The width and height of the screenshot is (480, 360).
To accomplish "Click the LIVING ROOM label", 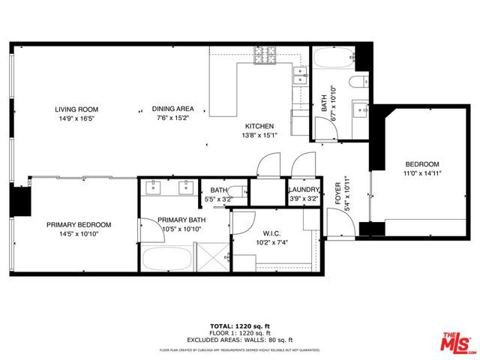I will point(78,109).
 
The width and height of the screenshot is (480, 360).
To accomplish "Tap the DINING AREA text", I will point(172,109).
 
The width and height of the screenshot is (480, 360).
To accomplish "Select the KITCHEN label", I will point(257,126).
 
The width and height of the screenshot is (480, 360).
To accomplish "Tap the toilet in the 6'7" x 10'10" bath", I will point(358,80).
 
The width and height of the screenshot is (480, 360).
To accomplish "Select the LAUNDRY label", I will point(304,190).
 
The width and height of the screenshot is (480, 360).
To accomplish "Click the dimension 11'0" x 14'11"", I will point(422,173).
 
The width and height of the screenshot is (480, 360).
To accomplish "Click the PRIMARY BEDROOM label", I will point(79,225).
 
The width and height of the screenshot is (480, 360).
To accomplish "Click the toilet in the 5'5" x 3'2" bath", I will point(236,193).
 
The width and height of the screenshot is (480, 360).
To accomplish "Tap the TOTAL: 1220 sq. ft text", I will point(239,327).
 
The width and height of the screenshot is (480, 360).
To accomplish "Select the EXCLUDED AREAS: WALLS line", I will point(239,340).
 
